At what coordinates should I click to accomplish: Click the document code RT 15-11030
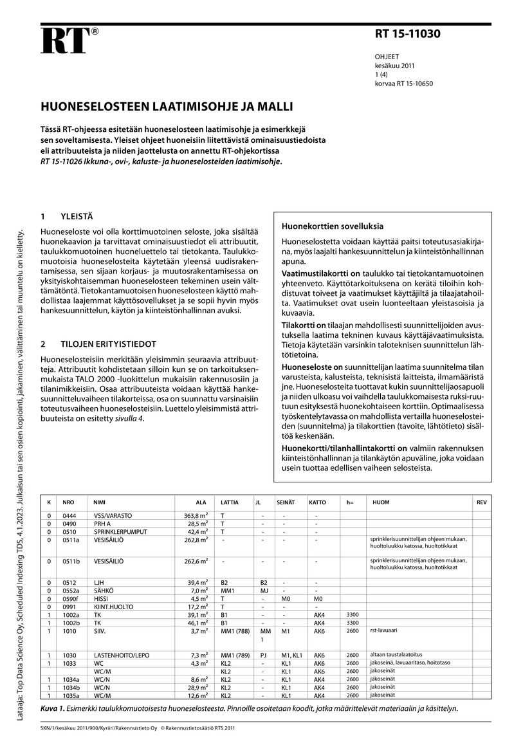pyautogui.click(x=408, y=35)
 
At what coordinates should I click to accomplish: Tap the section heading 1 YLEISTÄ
pyautogui.click(x=70, y=217)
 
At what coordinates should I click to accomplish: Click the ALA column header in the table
pyautogui.click(x=201, y=502)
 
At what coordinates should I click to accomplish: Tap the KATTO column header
pyautogui.click(x=317, y=502)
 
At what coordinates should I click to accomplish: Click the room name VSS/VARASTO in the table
pyautogui.click(x=113, y=516)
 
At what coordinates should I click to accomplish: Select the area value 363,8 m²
pyautogui.click(x=196, y=516)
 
